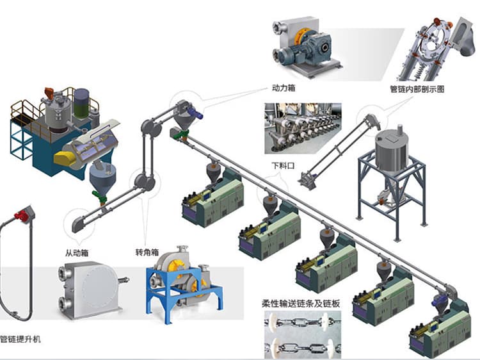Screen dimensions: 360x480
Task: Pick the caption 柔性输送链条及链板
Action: [301, 303]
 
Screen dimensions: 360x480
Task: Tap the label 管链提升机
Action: [20, 338]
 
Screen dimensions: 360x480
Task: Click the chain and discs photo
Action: [301, 334]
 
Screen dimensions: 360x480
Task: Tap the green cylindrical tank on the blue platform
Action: [81, 102]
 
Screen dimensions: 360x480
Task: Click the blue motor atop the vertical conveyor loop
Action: [196, 113]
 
